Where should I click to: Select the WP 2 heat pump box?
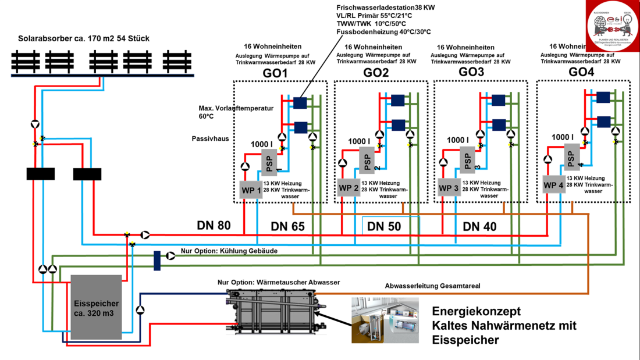tap(348, 188)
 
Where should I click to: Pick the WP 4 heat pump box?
tap(553, 186)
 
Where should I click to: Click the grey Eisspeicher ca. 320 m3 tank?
tap(96, 307)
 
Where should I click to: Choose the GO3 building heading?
tap(471, 72)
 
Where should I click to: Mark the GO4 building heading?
tap(581, 72)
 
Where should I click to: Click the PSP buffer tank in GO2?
tap(367, 159)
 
